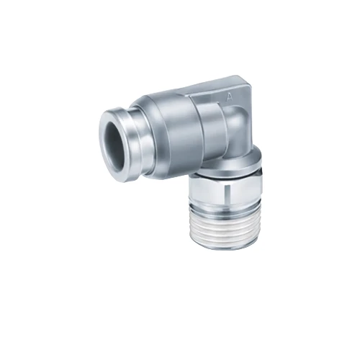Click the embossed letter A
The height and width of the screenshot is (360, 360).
pyautogui.click(x=228, y=95)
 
